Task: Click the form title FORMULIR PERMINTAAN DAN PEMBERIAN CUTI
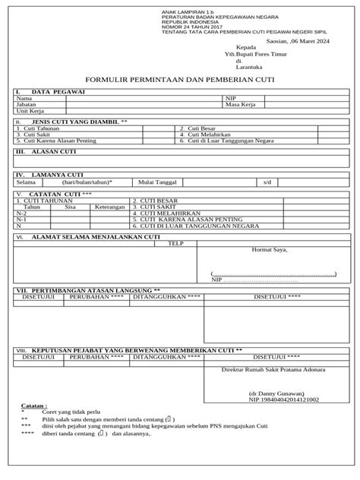point(180,78)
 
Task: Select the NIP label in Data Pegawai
point(230,98)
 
